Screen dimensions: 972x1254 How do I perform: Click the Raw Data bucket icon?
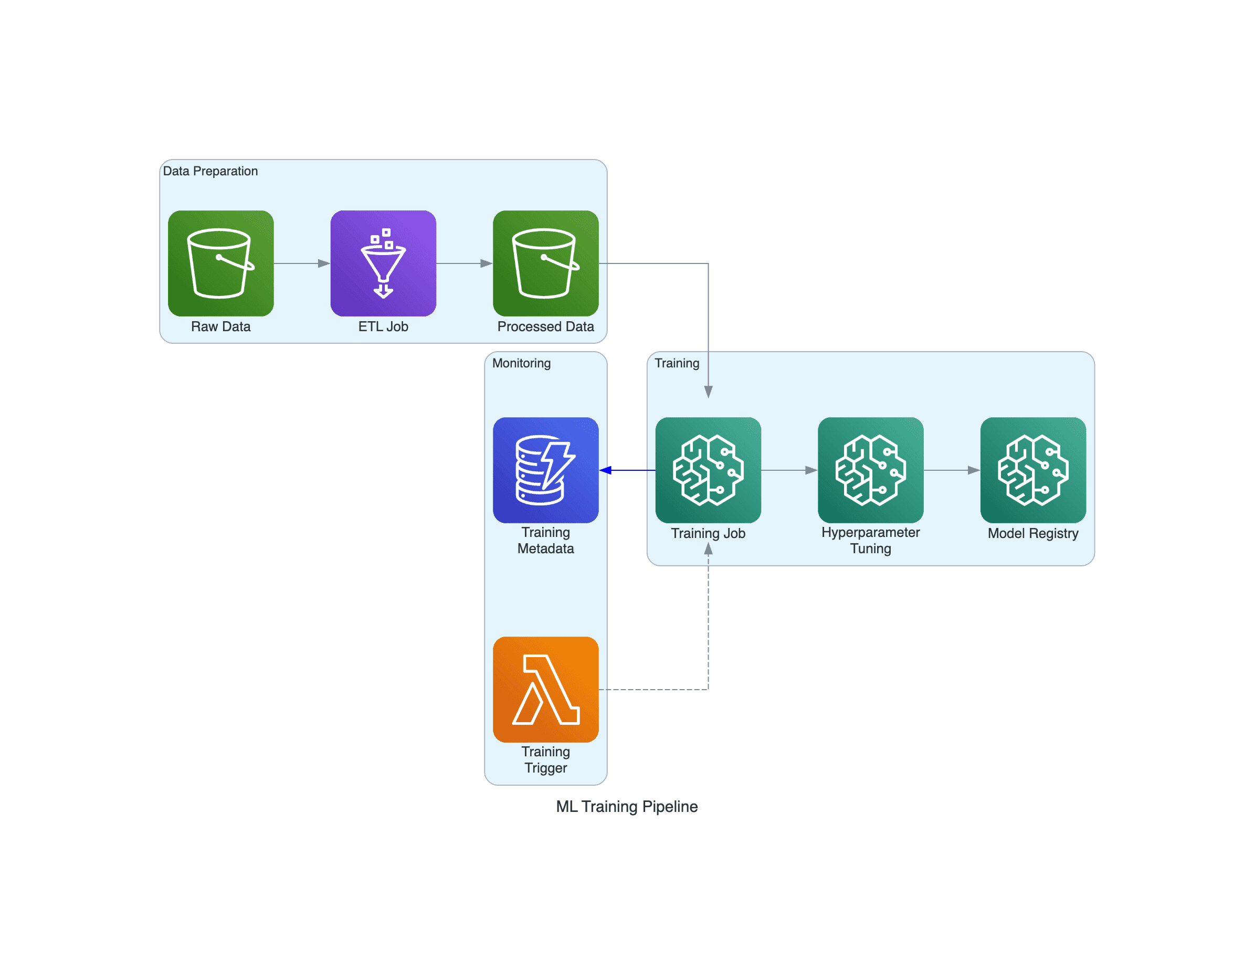[x=220, y=263]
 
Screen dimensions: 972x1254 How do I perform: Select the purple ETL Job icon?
[x=383, y=263]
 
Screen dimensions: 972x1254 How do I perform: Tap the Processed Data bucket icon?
[x=545, y=263]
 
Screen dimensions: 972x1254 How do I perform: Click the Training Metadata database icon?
[x=545, y=470]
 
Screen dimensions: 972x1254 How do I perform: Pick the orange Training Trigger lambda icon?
[x=545, y=689]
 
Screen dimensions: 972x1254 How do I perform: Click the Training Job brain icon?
[x=708, y=470]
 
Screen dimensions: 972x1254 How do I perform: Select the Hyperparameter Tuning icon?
[x=870, y=470]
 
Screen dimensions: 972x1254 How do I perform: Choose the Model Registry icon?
[x=1033, y=470]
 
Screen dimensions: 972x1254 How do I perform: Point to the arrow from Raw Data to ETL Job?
[x=301, y=263]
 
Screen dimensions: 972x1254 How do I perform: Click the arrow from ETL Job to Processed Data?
[x=464, y=263]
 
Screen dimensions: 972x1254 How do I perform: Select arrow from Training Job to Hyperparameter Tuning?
[x=789, y=470]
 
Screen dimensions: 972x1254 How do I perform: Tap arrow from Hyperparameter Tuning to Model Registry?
[x=952, y=470]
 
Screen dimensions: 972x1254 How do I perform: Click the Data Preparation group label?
[x=210, y=171]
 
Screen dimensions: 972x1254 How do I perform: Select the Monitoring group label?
[x=521, y=363]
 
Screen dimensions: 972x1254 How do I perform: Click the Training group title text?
[x=677, y=363]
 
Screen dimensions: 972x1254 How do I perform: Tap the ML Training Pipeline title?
[x=626, y=806]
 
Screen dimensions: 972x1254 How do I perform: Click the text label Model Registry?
[x=1033, y=533]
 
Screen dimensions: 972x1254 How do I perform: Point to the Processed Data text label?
[x=545, y=326]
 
